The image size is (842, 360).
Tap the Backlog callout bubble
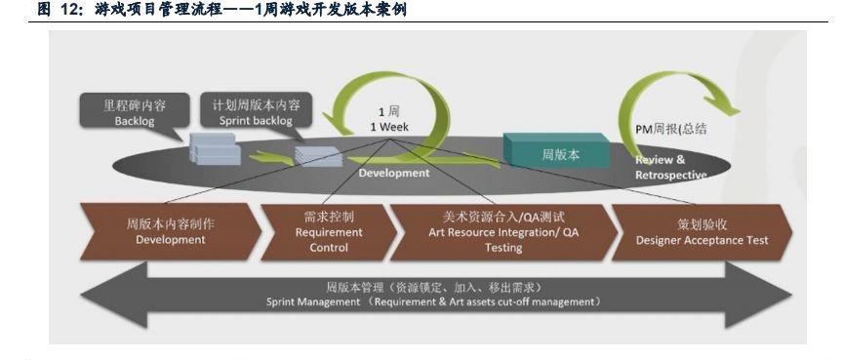click(135, 112)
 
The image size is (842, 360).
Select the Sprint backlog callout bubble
click(256, 110)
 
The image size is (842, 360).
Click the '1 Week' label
click(389, 128)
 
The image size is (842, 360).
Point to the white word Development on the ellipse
click(394, 173)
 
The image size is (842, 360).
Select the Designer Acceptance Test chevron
click(702, 232)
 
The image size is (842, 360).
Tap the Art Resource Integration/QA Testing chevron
click(503, 232)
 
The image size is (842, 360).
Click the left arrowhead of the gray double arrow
click(113, 295)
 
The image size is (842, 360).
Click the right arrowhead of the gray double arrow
click(758, 295)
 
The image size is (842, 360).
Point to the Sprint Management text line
click(433, 302)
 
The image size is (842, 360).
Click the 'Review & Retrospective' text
click(670, 167)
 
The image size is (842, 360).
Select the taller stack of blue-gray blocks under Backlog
click(215, 148)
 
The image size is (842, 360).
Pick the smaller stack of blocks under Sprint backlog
click(318, 156)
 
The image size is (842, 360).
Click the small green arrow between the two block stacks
click(271, 158)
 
